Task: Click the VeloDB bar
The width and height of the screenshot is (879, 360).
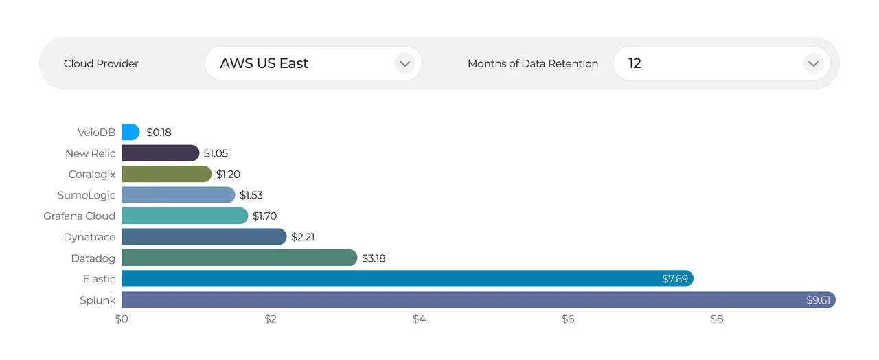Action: click(130, 132)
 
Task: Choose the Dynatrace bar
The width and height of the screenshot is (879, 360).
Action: click(204, 237)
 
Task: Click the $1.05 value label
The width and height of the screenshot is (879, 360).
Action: click(216, 153)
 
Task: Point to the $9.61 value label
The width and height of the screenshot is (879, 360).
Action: click(818, 300)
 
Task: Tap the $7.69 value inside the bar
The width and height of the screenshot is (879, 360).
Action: click(675, 279)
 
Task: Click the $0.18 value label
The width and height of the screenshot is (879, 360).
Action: click(159, 132)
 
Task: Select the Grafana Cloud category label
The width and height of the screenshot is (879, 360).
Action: click(80, 216)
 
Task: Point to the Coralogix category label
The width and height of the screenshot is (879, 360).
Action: click(92, 174)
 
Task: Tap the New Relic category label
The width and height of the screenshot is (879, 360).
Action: click(91, 153)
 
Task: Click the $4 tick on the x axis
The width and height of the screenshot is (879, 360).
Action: click(419, 319)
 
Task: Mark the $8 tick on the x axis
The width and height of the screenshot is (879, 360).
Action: click(717, 319)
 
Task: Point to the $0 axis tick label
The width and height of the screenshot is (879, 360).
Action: click(122, 319)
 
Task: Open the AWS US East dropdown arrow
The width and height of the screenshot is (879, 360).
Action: click(404, 64)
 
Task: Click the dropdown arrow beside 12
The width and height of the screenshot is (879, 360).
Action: click(813, 64)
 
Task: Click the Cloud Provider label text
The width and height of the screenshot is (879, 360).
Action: click(101, 64)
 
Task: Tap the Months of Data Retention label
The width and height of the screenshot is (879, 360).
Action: click(532, 64)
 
